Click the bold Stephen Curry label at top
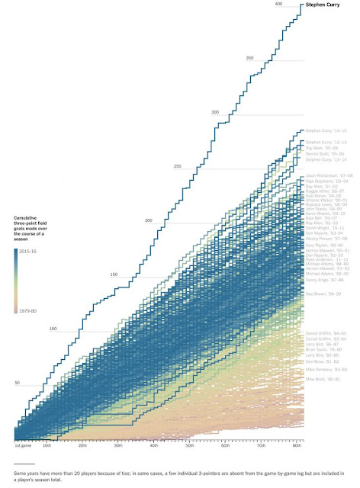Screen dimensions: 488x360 [x=323, y=6]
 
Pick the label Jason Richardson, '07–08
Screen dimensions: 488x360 [x=326, y=175]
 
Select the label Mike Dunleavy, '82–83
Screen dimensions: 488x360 [x=324, y=368]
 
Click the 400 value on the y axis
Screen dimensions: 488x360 [x=278, y=5]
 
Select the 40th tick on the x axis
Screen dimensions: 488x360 [x=154, y=443]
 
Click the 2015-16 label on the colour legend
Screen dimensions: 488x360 [x=39, y=249]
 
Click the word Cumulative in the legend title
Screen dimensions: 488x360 [x=30, y=218]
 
